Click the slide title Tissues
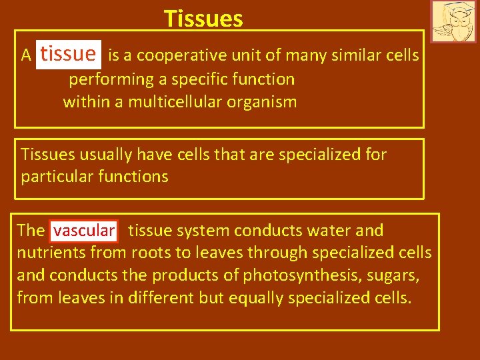pos(203,19)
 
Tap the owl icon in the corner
pos(453,21)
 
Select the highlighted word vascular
pos(84,231)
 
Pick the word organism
pos(263,102)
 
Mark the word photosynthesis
pos(293,275)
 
